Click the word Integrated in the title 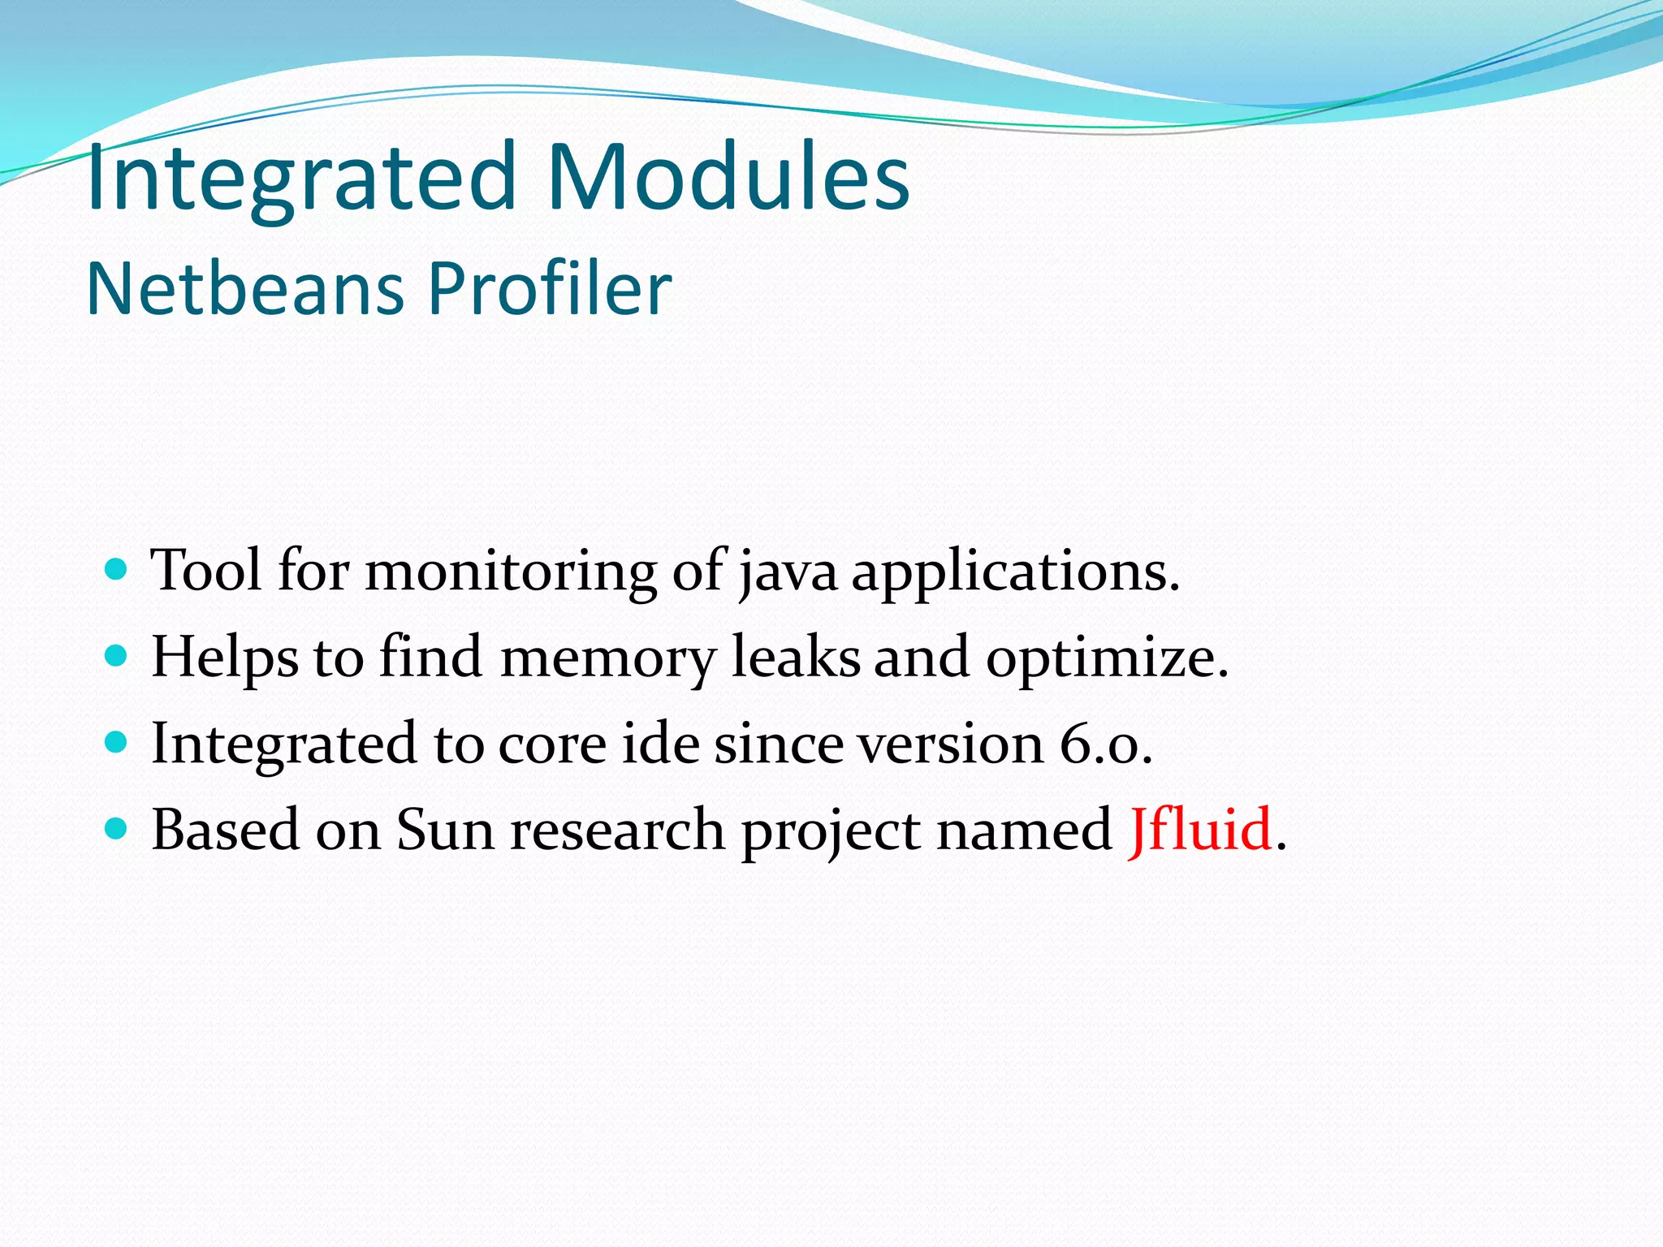tap(300, 177)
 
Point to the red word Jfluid tap(1199, 830)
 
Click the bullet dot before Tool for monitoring tap(117, 568)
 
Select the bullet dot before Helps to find tap(117, 655)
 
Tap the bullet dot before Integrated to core tap(117, 742)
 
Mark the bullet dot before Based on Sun tap(117, 829)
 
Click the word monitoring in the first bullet tap(511, 571)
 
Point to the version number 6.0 tap(1104, 744)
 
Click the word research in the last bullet tap(617, 831)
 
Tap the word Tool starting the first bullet tap(207, 570)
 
